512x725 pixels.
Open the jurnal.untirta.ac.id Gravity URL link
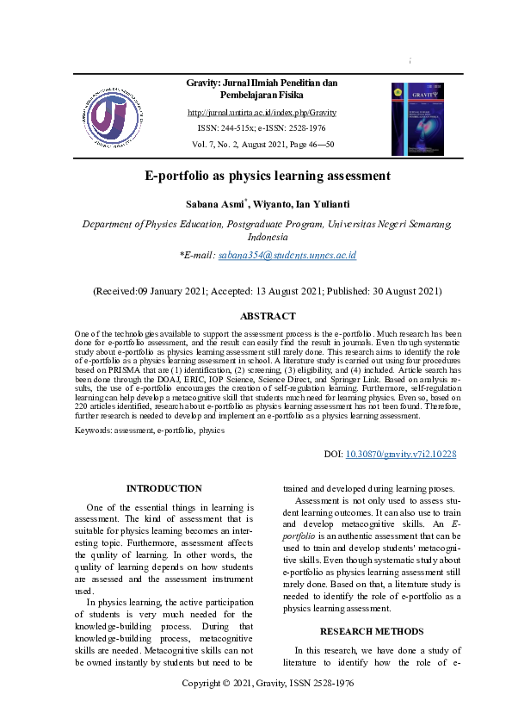point(262,113)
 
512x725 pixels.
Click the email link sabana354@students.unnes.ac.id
point(287,256)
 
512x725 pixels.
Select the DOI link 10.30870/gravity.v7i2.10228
point(400,454)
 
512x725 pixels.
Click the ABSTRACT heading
point(267,317)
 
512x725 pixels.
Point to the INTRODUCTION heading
point(163,489)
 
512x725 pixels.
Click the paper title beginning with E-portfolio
point(268,177)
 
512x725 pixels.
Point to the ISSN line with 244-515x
point(262,128)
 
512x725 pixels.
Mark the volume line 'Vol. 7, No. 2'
point(262,145)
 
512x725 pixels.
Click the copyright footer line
point(268,683)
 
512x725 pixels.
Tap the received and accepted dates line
point(268,292)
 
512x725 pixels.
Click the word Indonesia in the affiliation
point(268,237)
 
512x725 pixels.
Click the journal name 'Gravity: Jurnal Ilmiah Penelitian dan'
point(262,83)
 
